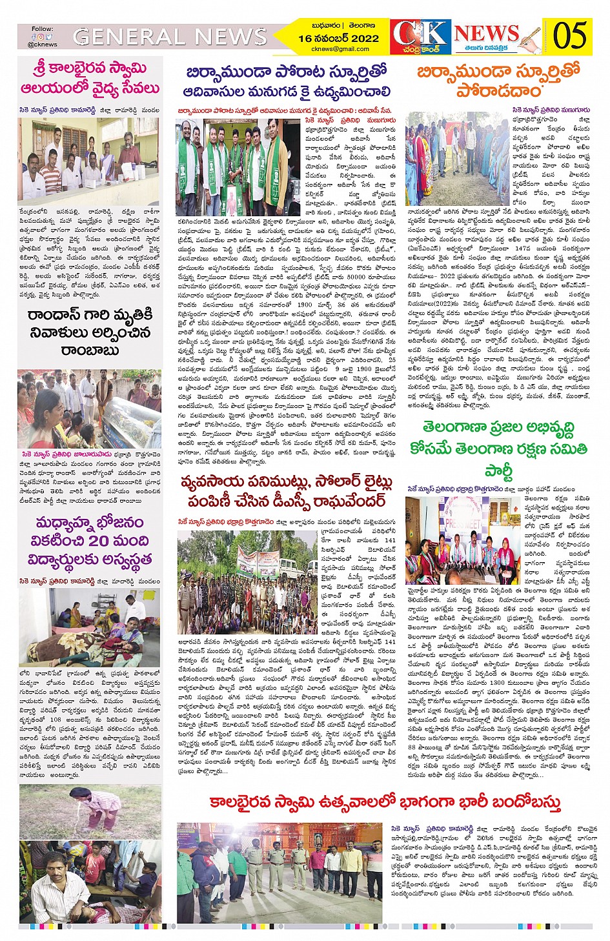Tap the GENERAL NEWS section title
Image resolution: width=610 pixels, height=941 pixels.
[170, 37]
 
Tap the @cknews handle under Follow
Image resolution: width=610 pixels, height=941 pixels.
[43, 45]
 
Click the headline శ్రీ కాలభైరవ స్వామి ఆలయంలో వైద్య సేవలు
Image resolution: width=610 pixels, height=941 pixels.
[90, 78]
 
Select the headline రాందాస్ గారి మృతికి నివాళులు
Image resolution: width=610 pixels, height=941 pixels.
[90, 332]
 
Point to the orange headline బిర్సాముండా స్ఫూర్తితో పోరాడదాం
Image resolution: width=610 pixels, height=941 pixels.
[498, 80]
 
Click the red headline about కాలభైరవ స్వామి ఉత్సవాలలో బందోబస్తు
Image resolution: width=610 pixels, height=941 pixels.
[385, 802]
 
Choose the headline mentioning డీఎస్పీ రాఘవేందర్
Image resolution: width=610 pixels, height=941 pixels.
[286, 492]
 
